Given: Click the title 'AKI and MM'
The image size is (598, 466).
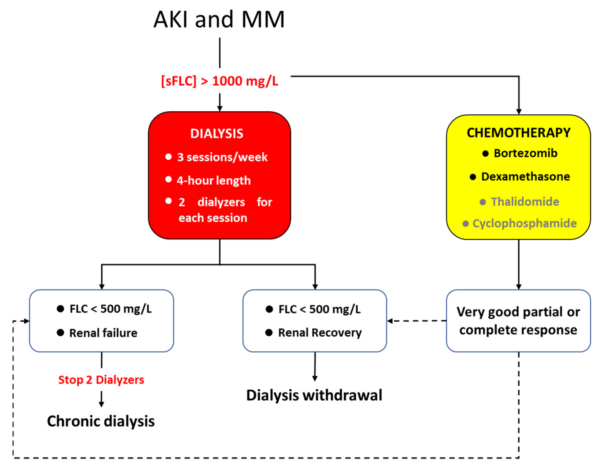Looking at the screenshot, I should click(x=219, y=20).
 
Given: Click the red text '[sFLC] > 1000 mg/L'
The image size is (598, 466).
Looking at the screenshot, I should click(x=220, y=81).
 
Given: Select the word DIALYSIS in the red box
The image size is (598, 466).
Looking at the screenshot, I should click(x=217, y=134).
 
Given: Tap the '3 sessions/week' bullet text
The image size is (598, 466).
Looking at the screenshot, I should click(x=222, y=157).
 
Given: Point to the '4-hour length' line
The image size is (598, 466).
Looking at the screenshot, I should click(x=214, y=181).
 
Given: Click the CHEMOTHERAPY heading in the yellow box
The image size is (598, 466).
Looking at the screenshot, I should click(x=519, y=133).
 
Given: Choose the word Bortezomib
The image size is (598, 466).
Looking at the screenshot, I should click(x=525, y=153).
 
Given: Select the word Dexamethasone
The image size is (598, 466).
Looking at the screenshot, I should click(x=525, y=177).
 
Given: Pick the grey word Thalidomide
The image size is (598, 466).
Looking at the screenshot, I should click(x=525, y=202).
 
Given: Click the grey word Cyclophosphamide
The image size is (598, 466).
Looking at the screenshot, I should click(x=525, y=223).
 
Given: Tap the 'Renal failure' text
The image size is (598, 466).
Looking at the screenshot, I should click(x=103, y=333).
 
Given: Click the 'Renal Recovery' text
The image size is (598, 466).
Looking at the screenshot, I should click(x=320, y=333).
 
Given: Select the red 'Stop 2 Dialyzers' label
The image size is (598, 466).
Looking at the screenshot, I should click(x=101, y=380).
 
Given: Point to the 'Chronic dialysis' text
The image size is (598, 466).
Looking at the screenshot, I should click(x=101, y=421).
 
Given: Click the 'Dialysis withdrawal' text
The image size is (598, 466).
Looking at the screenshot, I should click(x=314, y=395).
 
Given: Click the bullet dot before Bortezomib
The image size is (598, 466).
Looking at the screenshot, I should click(x=485, y=153).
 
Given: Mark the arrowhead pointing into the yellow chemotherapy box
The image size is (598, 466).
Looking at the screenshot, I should click(x=519, y=112).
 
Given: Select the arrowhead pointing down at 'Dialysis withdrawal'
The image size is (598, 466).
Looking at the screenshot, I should click(x=315, y=378).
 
